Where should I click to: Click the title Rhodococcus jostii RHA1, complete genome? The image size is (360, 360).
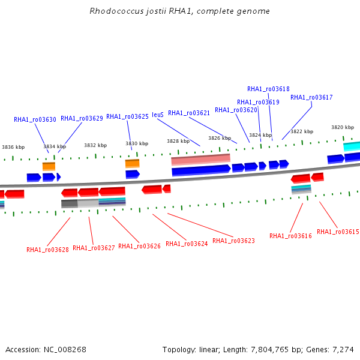(x=179, y=11)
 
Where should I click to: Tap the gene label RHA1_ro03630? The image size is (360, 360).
(x=35, y=119)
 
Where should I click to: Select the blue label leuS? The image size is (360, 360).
(x=158, y=115)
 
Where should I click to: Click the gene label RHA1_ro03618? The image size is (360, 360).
(x=268, y=89)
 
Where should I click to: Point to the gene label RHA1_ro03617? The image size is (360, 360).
(x=311, y=97)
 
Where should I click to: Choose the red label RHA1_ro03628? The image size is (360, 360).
(x=47, y=250)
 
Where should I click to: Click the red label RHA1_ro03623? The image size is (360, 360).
(x=233, y=241)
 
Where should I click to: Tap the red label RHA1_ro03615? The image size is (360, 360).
(x=338, y=232)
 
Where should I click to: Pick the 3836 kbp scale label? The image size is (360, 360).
(x=13, y=147)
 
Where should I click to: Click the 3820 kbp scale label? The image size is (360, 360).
(x=343, y=127)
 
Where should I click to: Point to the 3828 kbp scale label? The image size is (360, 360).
(x=178, y=141)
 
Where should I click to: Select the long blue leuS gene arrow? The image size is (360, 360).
(x=201, y=170)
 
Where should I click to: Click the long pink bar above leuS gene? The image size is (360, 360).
(x=200, y=160)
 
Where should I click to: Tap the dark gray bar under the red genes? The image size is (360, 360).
(x=70, y=203)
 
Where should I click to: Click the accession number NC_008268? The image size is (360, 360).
(x=65, y=350)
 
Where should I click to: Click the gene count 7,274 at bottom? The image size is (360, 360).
(x=343, y=350)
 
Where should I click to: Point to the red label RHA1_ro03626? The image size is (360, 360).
(x=139, y=246)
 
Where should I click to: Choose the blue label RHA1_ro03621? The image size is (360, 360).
(x=189, y=113)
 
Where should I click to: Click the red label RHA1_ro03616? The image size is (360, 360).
(x=290, y=236)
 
